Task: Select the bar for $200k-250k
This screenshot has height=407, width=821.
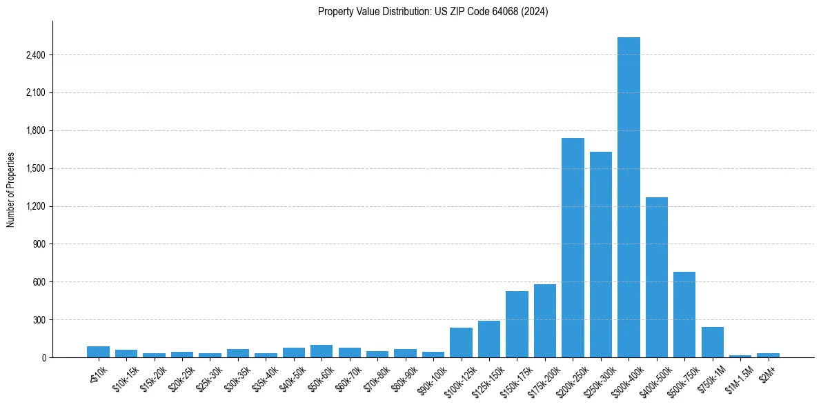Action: (x=573, y=248)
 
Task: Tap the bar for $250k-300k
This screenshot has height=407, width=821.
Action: (x=600, y=255)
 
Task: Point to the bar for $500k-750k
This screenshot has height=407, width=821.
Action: (x=684, y=315)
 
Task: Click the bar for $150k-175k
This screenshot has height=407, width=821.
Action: (x=517, y=324)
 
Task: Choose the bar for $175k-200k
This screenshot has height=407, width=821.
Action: (x=544, y=321)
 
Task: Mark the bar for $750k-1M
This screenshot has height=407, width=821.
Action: (x=712, y=342)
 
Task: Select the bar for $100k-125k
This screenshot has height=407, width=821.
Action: (x=461, y=343)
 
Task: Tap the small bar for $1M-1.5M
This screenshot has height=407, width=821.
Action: (x=740, y=356)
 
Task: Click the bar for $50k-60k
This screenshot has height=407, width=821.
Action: (x=322, y=351)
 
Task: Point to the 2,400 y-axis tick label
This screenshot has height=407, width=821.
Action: (x=34, y=55)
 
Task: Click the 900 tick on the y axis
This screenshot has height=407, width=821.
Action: (x=39, y=244)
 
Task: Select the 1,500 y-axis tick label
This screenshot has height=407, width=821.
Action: (x=34, y=168)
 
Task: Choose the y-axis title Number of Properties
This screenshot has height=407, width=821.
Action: (x=10, y=190)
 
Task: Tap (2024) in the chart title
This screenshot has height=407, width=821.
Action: (x=535, y=12)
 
